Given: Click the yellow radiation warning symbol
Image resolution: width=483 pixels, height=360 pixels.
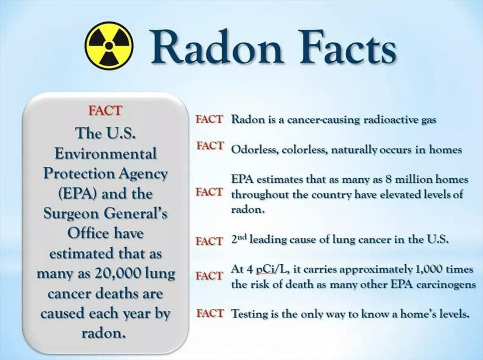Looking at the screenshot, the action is coord(109,46).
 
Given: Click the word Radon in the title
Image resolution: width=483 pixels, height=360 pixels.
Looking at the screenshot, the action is coord(216,47).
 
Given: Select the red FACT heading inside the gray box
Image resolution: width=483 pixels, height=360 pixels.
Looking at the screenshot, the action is coord(105,110).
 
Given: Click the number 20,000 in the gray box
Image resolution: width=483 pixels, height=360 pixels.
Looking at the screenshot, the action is coord(118,273).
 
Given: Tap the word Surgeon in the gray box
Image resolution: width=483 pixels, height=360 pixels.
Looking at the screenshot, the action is coord(71,214).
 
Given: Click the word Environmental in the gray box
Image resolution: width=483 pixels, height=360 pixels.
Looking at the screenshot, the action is coord(106,153).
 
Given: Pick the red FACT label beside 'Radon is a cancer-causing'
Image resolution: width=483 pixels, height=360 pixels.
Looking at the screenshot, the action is coord(209,119).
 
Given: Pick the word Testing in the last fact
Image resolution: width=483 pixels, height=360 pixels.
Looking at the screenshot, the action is coord(250,314).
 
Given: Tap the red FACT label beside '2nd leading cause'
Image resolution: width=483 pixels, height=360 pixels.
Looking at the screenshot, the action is coord(209,241).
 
